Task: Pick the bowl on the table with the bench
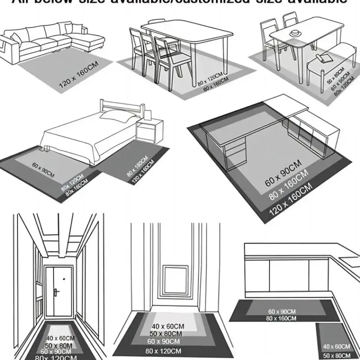tap(296, 33)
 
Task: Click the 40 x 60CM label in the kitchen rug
tap(337, 346)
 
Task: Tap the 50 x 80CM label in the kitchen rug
tap(337, 355)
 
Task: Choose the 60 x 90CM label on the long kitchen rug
tap(282, 311)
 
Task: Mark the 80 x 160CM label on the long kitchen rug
tap(282, 318)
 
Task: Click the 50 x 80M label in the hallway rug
tap(58, 345)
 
